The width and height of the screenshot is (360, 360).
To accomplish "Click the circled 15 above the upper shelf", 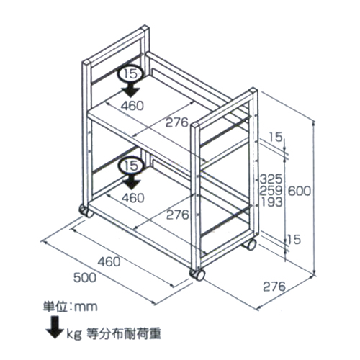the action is point(131,73).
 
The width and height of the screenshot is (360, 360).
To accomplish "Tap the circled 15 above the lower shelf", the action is point(131,166).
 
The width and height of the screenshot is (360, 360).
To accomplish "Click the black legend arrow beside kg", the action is point(55,328).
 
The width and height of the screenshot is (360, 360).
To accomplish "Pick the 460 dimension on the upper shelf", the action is point(132,106).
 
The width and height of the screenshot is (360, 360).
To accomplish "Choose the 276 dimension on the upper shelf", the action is point(177,122).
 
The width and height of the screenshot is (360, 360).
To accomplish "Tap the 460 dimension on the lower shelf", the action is point(133,198).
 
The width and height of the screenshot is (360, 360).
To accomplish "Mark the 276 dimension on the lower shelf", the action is point(178,215).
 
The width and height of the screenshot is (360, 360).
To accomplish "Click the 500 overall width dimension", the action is point(84,278).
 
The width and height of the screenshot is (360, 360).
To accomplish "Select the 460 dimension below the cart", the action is point(109,261).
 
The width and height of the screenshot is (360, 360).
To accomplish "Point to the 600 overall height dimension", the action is point(299,191).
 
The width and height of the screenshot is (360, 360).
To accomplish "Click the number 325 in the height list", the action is point(271,179).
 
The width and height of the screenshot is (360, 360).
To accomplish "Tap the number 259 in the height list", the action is point(271,191).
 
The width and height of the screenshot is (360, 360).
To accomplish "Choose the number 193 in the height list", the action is point(271,202).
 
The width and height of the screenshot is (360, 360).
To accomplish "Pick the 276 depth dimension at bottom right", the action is point(274,287).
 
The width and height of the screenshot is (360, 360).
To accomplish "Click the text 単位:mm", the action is point(71,307).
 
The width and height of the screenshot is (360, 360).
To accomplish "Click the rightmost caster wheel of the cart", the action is point(249,244).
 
